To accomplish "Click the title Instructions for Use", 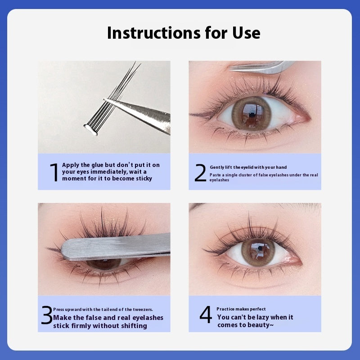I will click(x=184, y=33).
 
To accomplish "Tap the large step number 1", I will click(x=54, y=172).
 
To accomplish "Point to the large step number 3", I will click(x=47, y=316).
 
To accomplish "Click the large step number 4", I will click(x=206, y=315).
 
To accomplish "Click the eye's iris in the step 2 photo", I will click(x=254, y=113).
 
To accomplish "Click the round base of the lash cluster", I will click(x=90, y=130).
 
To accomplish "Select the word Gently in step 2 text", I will click(x=218, y=167).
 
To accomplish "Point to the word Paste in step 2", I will click(x=215, y=175).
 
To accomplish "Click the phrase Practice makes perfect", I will click(x=241, y=309).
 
